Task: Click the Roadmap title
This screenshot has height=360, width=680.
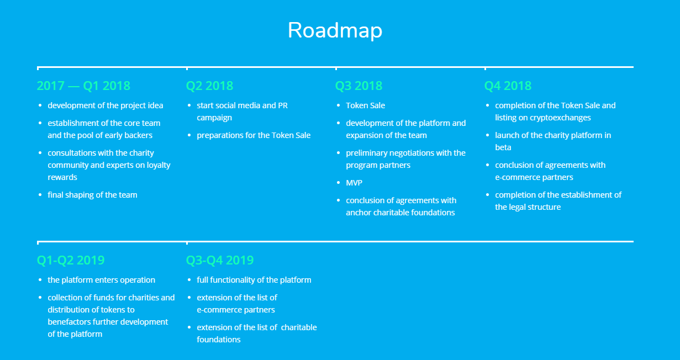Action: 335,30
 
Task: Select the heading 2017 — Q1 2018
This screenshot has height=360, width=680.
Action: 83,86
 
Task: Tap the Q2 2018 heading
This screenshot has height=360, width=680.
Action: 209,86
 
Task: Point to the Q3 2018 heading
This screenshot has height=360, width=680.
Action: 359,86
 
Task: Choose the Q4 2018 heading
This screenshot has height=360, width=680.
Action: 508,86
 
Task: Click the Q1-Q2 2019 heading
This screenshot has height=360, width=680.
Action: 71,260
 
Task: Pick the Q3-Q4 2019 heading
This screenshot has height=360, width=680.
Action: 220,260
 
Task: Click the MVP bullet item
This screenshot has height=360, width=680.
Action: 354,183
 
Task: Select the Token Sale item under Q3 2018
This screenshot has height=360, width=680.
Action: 366,105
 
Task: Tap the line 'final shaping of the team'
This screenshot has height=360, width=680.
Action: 92,195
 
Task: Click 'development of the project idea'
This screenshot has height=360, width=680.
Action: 106,105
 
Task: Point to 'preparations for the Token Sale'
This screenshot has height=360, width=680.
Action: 254,135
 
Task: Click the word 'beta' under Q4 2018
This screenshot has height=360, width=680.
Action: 503,147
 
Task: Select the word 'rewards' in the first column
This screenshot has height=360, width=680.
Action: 62,177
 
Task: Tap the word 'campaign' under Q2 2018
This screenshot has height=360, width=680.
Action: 214,118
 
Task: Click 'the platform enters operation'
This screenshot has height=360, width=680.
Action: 102,280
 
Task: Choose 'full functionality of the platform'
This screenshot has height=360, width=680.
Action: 254,280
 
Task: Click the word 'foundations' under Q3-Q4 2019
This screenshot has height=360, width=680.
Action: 219,340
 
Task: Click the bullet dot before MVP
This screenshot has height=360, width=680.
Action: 339,183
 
